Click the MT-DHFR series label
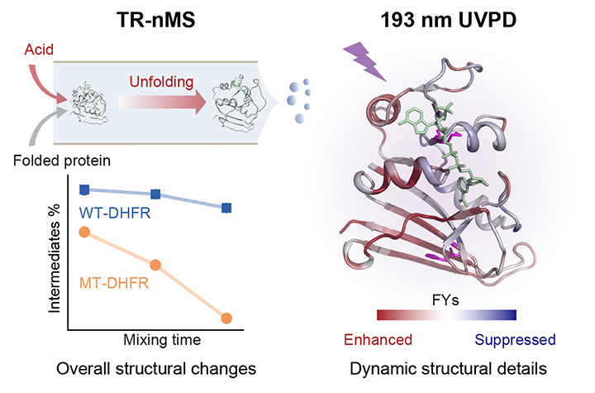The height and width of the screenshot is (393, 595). [x=114, y=284]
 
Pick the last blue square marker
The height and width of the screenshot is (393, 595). [x=226, y=208]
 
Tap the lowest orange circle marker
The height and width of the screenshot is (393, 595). [x=226, y=318]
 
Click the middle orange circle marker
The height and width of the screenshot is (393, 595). [x=155, y=265]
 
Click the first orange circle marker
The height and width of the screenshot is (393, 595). [x=84, y=232]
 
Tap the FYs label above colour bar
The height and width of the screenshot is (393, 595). [x=446, y=299]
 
